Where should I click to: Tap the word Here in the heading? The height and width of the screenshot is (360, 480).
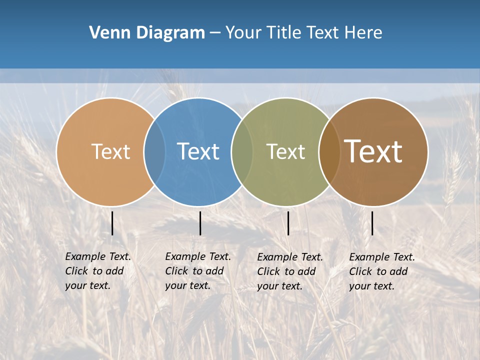(x=363, y=33)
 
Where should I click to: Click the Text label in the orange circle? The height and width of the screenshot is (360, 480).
(x=110, y=151)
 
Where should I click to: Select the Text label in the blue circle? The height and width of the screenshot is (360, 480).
(x=198, y=151)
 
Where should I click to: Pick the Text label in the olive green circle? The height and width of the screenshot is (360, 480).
(x=285, y=151)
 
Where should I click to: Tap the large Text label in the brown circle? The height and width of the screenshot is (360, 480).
(x=373, y=151)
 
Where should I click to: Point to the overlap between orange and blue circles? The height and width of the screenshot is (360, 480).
(x=154, y=151)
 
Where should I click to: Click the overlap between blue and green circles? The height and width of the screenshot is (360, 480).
(x=242, y=151)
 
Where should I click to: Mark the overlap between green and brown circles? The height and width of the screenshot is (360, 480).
(x=329, y=151)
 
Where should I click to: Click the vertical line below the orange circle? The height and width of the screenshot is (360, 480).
(x=112, y=223)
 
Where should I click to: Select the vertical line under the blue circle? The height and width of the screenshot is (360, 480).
(x=200, y=223)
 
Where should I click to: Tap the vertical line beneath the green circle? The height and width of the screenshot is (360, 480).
(x=288, y=223)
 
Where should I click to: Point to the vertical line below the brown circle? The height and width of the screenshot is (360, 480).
(x=372, y=223)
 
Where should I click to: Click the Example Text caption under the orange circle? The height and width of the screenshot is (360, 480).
(x=97, y=271)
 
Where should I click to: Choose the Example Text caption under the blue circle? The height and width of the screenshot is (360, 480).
(x=197, y=271)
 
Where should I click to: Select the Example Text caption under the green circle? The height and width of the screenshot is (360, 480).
(x=289, y=271)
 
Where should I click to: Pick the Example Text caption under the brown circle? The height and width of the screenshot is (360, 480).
(x=381, y=271)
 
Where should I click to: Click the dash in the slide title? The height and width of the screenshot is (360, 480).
(x=215, y=33)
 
